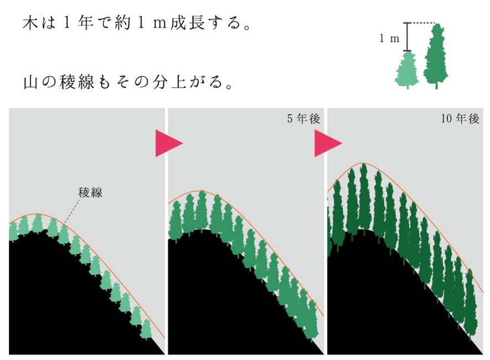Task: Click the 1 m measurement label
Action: (390, 38)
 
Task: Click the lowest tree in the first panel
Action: (146, 328)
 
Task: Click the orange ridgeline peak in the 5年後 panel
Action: (200, 191)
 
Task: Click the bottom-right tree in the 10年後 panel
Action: (472, 310)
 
